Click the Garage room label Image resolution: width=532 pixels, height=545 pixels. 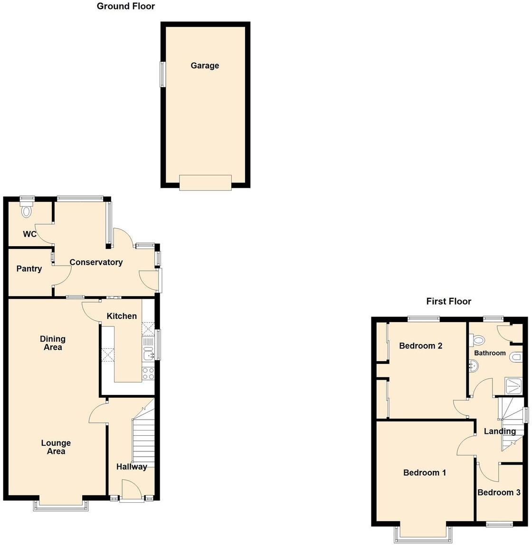click(x=205, y=66)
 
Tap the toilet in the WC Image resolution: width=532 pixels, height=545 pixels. click(x=27, y=210)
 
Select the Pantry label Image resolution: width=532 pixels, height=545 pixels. click(x=29, y=269)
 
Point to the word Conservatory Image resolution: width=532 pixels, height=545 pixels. click(x=96, y=262)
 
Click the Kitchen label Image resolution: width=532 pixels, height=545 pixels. click(x=122, y=316)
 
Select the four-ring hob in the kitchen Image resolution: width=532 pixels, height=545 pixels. click(x=148, y=373)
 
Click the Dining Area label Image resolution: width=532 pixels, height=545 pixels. click(x=53, y=343)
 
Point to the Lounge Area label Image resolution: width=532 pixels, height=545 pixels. click(x=56, y=447)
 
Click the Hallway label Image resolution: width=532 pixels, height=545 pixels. click(x=132, y=467)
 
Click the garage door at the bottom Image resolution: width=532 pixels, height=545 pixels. click(x=205, y=182)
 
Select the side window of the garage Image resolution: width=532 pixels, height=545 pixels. click(x=162, y=75)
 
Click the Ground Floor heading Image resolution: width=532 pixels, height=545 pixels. click(x=126, y=6)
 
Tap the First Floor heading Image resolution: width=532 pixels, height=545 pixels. click(x=448, y=301)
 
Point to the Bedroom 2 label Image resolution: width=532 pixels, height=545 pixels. click(x=420, y=346)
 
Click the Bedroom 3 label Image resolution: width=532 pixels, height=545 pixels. click(x=499, y=493)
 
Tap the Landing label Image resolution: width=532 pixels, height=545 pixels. click(x=500, y=431)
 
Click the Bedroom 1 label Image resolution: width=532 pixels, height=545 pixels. click(x=425, y=473)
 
